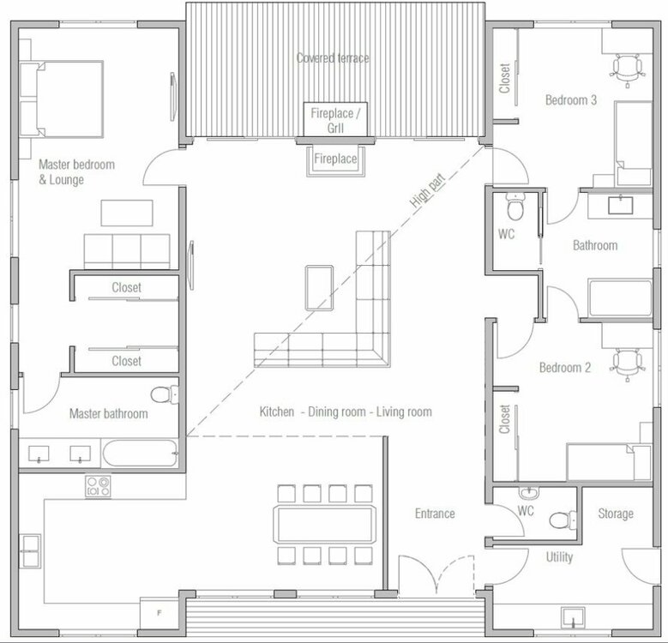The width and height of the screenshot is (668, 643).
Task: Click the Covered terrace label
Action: point(333,58)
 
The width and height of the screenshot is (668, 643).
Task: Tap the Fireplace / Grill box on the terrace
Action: point(335,120)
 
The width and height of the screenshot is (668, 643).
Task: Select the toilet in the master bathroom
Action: point(165,394)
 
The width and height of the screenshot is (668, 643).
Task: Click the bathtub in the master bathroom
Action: point(140,453)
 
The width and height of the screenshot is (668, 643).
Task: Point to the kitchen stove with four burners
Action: point(98,486)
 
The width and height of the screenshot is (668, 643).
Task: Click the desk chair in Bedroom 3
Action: point(627,69)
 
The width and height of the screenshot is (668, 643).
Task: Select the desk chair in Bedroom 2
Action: point(627,364)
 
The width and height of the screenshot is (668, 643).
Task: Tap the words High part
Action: point(428,191)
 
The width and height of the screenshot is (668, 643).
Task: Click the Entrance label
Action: point(435,514)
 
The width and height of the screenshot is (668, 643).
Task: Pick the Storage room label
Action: point(616,514)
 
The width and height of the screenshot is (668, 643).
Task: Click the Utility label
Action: point(559,557)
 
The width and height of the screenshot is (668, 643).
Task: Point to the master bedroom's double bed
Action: point(62,99)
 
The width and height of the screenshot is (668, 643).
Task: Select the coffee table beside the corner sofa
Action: point(319,288)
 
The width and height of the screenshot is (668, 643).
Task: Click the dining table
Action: point(325,524)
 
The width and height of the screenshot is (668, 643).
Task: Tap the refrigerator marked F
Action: point(159,613)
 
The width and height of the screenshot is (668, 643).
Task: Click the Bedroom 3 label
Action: point(571,100)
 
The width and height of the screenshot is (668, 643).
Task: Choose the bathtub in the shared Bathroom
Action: point(620,298)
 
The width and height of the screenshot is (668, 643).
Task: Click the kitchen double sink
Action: point(31,551)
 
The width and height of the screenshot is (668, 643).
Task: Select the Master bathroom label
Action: point(109,413)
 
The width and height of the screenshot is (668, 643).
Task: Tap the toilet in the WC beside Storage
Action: point(563,520)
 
